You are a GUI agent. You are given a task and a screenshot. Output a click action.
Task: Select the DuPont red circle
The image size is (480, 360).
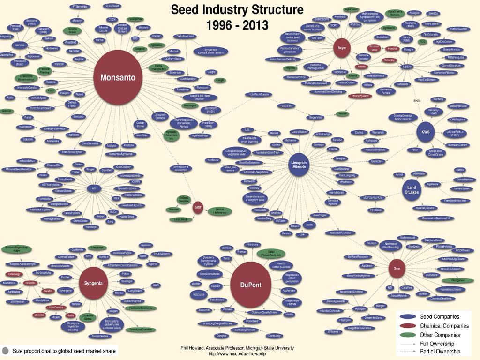(x=250, y=285)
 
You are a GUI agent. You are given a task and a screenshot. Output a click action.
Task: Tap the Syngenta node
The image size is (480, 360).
(x=93, y=283)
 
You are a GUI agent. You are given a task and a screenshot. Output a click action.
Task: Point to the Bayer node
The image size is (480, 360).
(x=341, y=47)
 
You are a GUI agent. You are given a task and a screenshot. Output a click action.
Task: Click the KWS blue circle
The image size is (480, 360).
(x=426, y=131)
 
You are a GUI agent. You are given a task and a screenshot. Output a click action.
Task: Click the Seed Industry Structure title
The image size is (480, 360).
(x=237, y=17)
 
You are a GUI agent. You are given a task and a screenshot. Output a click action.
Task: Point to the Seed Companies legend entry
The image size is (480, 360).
(x=439, y=317)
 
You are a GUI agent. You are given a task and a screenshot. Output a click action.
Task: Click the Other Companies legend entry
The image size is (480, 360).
(x=440, y=335)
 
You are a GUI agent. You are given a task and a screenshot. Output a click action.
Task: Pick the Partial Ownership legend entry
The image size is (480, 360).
(x=440, y=351)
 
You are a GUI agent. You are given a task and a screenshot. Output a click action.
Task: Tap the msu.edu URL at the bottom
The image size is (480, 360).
(x=237, y=354)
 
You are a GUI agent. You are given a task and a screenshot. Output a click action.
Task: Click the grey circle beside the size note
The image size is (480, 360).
(x=6, y=350)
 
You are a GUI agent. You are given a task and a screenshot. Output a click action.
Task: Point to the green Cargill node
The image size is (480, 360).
(x=220, y=80)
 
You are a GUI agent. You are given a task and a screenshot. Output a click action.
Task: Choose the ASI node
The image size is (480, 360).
(x=94, y=188)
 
